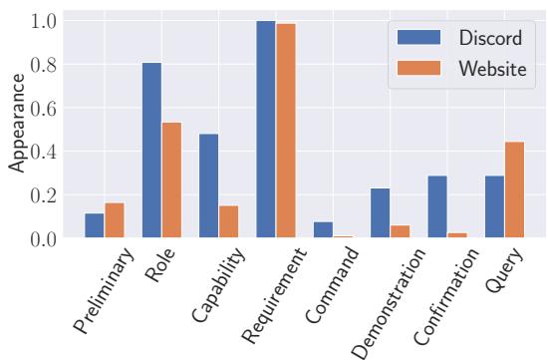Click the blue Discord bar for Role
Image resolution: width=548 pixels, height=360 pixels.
pyautogui.click(x=151, y=152)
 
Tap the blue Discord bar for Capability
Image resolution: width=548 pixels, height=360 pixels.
pyautogui.click(x=208, y=186)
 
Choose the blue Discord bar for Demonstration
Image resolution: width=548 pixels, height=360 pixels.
pyautogui.click(x=381, y=214)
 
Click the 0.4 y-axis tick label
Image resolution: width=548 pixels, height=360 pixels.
pyautogui.click(x=44, y=152)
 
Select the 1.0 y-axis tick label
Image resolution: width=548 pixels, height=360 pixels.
pyautogui.click(x=44, y=21)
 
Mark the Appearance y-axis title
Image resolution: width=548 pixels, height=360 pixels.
pyautogui.click(x=17, y=130)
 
